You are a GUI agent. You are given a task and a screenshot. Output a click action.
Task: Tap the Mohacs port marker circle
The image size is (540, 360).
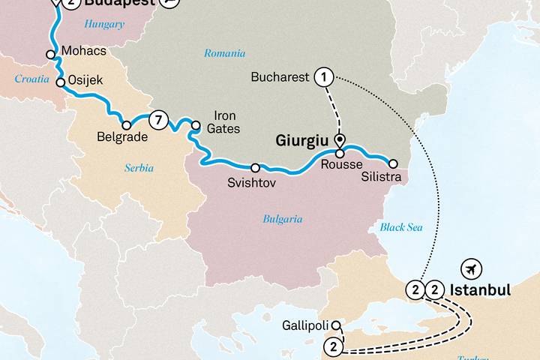tap(50, 54)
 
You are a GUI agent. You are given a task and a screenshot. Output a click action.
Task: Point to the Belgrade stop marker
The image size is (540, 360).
tap(127, 125)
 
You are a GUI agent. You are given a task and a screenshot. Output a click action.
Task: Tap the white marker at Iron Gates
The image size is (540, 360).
tap(196, 125)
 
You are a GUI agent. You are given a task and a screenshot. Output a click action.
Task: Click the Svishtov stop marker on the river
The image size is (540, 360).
tap(255, 167)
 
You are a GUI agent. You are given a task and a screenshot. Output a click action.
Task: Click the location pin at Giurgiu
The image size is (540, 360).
tap(339, 141)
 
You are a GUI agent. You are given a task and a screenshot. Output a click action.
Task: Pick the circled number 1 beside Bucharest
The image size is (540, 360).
tap(324, 76)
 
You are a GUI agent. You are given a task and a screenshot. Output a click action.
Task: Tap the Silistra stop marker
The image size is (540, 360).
tap(393, 163)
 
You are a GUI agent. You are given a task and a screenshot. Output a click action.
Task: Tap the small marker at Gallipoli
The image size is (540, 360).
tap(336, 325)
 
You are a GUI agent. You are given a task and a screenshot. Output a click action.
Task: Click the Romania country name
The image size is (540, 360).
tap(224, 53)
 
